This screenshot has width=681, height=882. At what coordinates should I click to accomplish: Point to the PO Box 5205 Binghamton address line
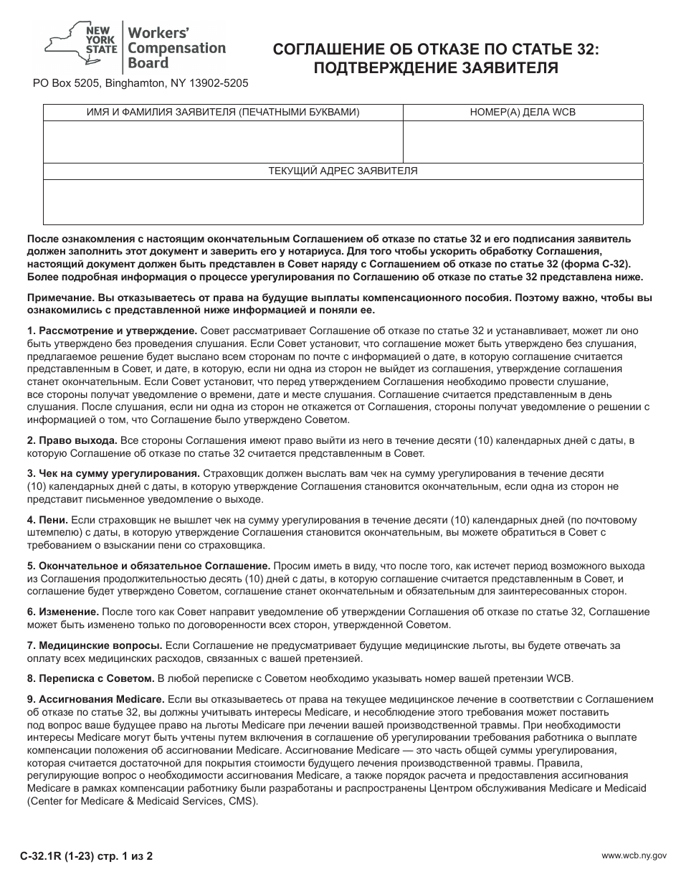point(141,83)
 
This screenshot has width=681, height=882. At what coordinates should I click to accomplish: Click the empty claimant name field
point(223,142)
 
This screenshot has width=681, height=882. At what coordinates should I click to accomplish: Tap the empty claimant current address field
point(343,202)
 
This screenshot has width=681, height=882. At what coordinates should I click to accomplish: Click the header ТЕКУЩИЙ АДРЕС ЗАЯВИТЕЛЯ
point(343,171)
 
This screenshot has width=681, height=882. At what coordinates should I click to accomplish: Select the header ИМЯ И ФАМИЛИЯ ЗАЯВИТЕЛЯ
point(223,113)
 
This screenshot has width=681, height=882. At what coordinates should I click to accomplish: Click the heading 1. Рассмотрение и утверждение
point(112,331)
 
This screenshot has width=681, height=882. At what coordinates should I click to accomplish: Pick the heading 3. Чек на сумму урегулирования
point(113,473)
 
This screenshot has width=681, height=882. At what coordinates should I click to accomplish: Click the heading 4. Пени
point(47,519)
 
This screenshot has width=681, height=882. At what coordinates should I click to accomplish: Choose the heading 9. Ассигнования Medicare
point(96,699)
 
